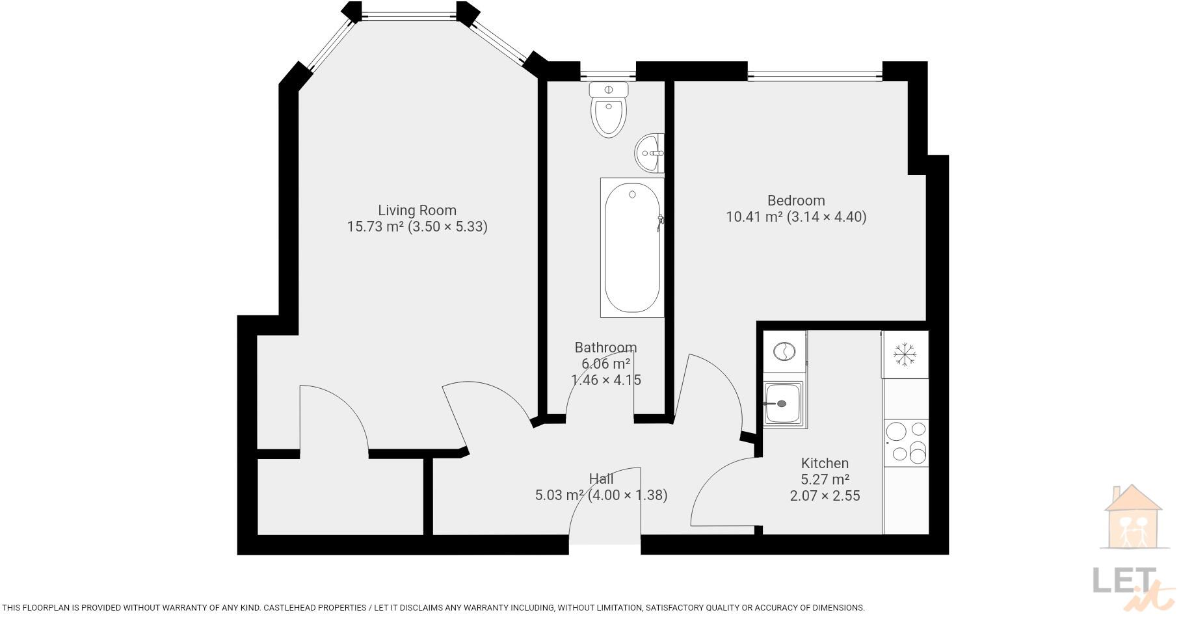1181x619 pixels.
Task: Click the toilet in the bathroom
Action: tap(609, 109)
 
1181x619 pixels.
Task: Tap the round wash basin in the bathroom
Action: tap(650, 153)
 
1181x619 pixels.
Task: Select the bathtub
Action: tap(632, 248)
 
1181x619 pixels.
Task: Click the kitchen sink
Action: tap(784, 404)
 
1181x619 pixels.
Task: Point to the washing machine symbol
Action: tap(784, 352)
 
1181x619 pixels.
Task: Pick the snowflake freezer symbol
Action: tap(904, 354)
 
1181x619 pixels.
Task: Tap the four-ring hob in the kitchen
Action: tap(906, 442)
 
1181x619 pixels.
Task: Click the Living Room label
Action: tap(417, 210)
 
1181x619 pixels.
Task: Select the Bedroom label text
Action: tap(796, 200)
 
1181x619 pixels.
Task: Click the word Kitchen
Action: tap(825, 463)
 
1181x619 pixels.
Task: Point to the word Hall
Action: tap(601, 479)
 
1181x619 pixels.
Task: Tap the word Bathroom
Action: tap(605, 347)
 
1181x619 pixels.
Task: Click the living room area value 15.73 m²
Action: tap(375, 226)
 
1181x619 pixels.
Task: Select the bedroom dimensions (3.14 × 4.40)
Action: tap(827, 217)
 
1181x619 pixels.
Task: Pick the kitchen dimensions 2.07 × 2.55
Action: tap(825, 495)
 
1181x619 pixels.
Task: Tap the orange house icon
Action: tap(1132, 517)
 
